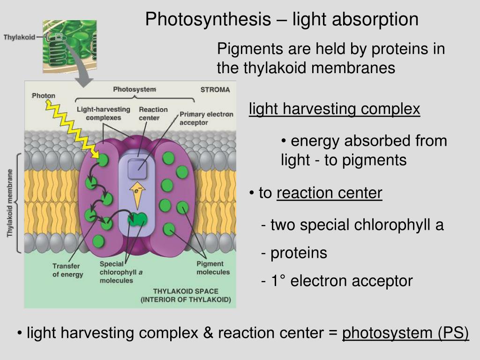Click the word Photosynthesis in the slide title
(208, 20)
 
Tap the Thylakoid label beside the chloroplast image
(19, 37)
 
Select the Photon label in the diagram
(44, 96)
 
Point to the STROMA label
(215, 90)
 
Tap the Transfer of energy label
(67, 270)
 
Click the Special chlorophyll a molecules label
(116, 272)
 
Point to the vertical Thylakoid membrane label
(10, 202)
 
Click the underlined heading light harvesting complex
(334, 109)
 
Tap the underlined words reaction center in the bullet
(329, 193)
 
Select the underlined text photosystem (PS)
(405, 333)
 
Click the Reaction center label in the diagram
(153, 113)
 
